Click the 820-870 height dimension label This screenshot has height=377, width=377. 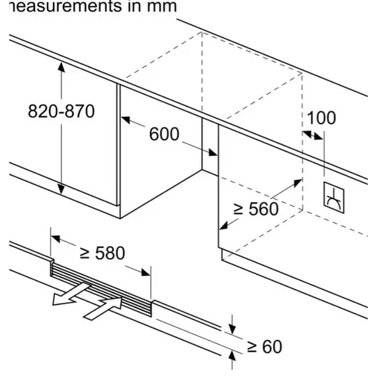pos(62,111)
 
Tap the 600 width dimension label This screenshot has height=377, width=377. pos(164,134)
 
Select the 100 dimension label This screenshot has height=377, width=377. pos(321,118)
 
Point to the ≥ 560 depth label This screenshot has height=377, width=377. pos(256,209)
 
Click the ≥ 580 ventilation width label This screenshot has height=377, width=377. pos(103,253)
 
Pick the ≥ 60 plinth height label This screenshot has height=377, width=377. pos(265,347)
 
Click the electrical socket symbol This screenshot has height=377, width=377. pos(334,198)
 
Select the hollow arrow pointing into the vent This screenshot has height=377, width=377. pos(103,308)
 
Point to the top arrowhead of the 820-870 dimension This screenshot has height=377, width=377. pos(62,67)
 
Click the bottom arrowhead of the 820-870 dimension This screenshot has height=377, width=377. pos(62,189)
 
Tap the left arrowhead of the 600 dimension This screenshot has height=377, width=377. pos(126,120)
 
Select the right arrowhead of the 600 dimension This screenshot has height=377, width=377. pos(213,152)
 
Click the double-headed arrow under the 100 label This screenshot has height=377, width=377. pos(313,135)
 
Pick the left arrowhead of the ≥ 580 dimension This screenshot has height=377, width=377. pos(56,239)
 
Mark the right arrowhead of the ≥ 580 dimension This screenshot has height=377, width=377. pos(146,272)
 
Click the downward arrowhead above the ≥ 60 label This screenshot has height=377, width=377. pos(232,329)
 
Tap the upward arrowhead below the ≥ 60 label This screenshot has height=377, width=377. pos(232,356)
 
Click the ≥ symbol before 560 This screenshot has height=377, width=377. pos(239,209)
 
